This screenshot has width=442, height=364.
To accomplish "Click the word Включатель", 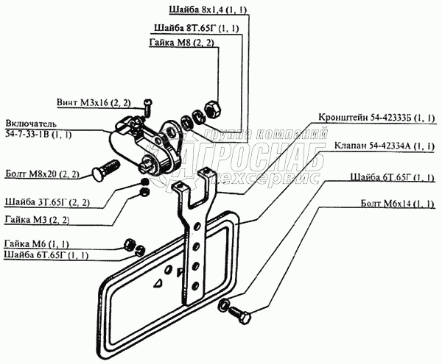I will coord(29,122).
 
